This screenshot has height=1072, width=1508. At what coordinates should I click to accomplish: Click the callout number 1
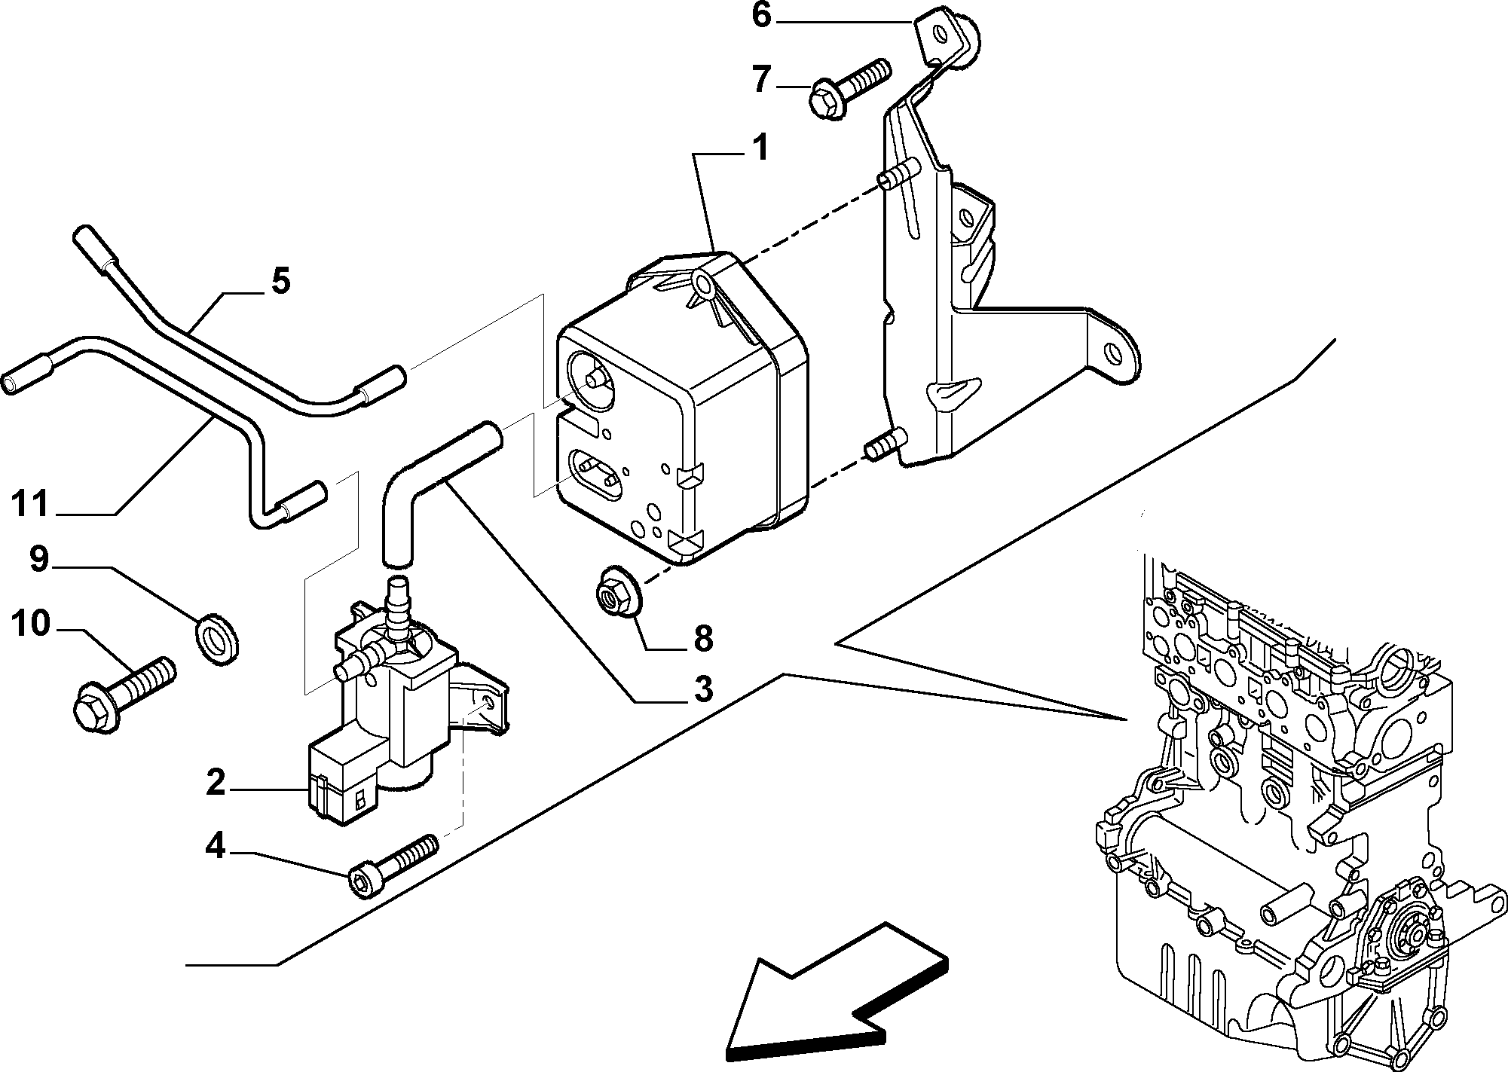[x=759, y=149]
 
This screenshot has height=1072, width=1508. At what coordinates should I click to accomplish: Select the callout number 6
[x=761, y=16]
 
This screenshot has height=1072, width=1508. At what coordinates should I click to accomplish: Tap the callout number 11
[x=31, y=505]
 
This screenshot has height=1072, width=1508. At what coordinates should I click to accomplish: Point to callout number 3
[x=702, y=688]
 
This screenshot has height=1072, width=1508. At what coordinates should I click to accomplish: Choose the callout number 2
[x=216, y=784]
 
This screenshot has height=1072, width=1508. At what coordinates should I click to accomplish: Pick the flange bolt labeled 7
[x=849, y=90]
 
